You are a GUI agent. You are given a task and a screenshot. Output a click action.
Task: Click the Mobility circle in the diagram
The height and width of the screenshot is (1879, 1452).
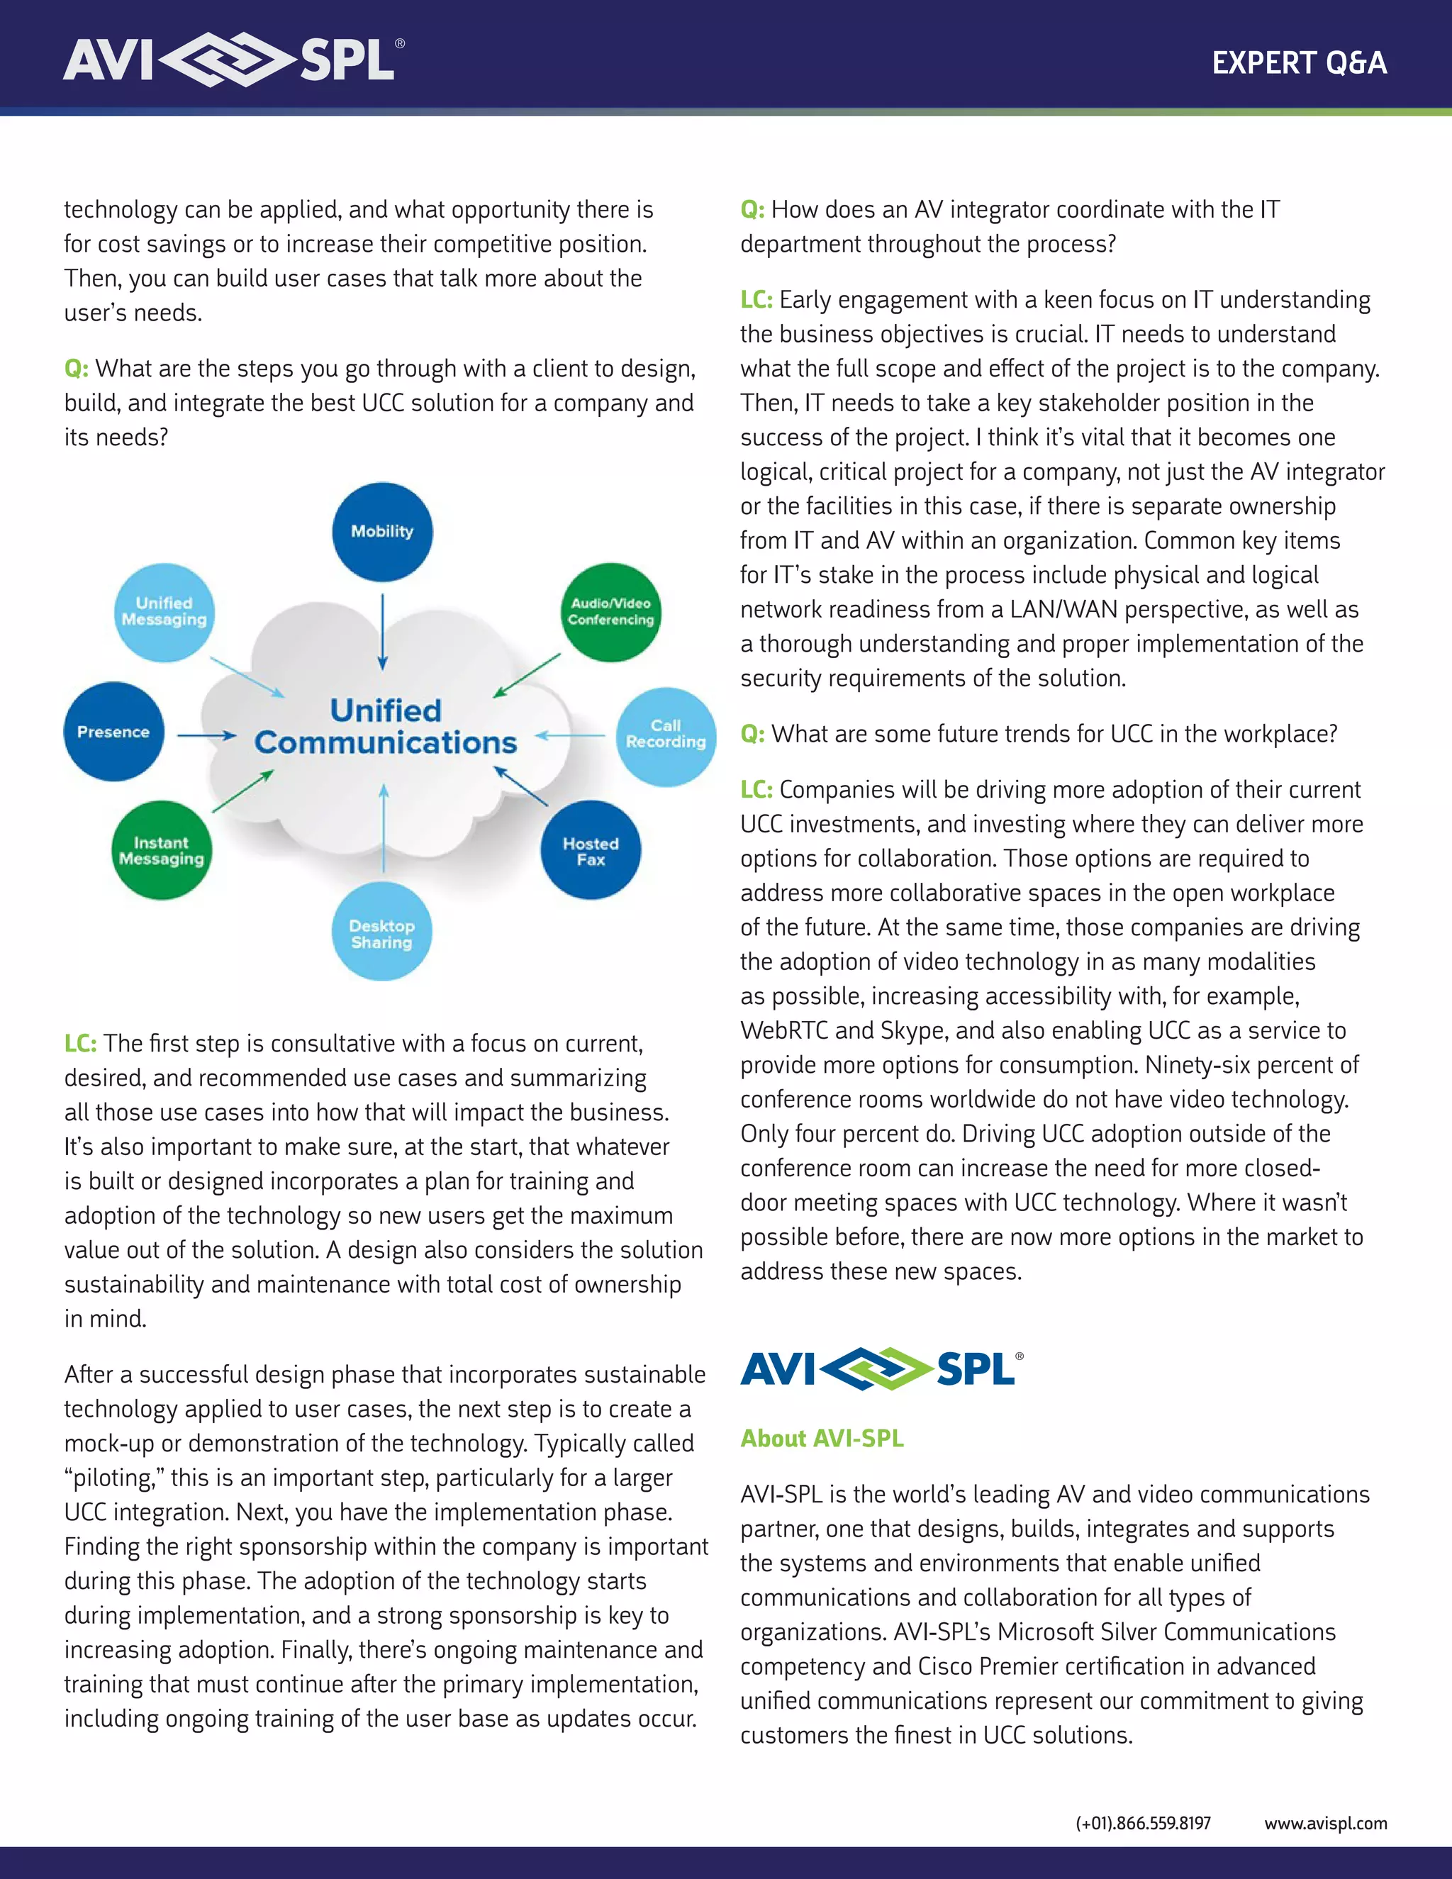tap(382, 532)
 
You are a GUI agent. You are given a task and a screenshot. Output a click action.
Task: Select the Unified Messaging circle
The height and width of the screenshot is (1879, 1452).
tap(164, 612)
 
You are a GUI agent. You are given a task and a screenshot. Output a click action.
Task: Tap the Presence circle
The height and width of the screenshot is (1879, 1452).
tap(113, 731)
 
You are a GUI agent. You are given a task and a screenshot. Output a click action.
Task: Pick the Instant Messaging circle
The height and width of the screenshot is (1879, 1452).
tap(161, 850)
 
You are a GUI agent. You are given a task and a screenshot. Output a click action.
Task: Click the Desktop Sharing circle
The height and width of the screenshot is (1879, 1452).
tap(382, 932)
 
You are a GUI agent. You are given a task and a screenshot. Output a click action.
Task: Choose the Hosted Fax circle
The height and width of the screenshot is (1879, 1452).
tap(590, 850)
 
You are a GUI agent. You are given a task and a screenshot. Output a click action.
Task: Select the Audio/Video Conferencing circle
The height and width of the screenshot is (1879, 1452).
tap(610, 612)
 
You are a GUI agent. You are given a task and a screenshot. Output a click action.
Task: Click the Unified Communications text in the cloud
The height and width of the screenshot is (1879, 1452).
tap(386, 726)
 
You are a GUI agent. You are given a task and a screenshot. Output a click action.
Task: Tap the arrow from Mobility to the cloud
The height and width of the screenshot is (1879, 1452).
tap(383, 630)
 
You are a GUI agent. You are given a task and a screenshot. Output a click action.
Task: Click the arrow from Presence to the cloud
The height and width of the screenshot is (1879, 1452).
tap(206, 735)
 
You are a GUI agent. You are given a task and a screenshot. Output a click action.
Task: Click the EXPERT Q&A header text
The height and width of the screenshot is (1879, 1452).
tap(1299, 63)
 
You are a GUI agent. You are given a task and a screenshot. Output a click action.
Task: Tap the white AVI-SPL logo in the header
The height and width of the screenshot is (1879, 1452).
tap(233, 60)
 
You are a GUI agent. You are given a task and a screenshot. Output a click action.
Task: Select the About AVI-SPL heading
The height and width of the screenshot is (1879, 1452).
tap(822, 1439)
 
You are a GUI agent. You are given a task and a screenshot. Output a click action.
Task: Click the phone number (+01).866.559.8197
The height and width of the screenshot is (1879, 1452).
tap(1142, 1823)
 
